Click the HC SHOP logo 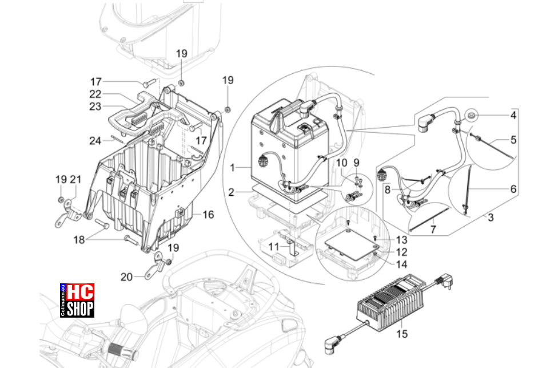[x=77, y=300]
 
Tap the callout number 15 [x=402, y=334]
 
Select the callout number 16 [x=208, y=215]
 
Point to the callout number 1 [x=232, y=168]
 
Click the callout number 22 [x=95, y=94]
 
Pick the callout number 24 [x=95, y=141]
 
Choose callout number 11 [x=273, y=247]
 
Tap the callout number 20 [x=126, y=277]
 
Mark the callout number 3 [x=491, y=217]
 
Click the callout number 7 [x=433, y=229]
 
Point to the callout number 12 [x=401, y=252]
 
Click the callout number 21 [x=76, y=180]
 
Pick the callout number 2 [x=232, y=192]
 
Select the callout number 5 [x=513, y=140]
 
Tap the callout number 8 [x=388, y=189]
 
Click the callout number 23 [x=95, y=106]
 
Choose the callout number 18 [x=79, y=240]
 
